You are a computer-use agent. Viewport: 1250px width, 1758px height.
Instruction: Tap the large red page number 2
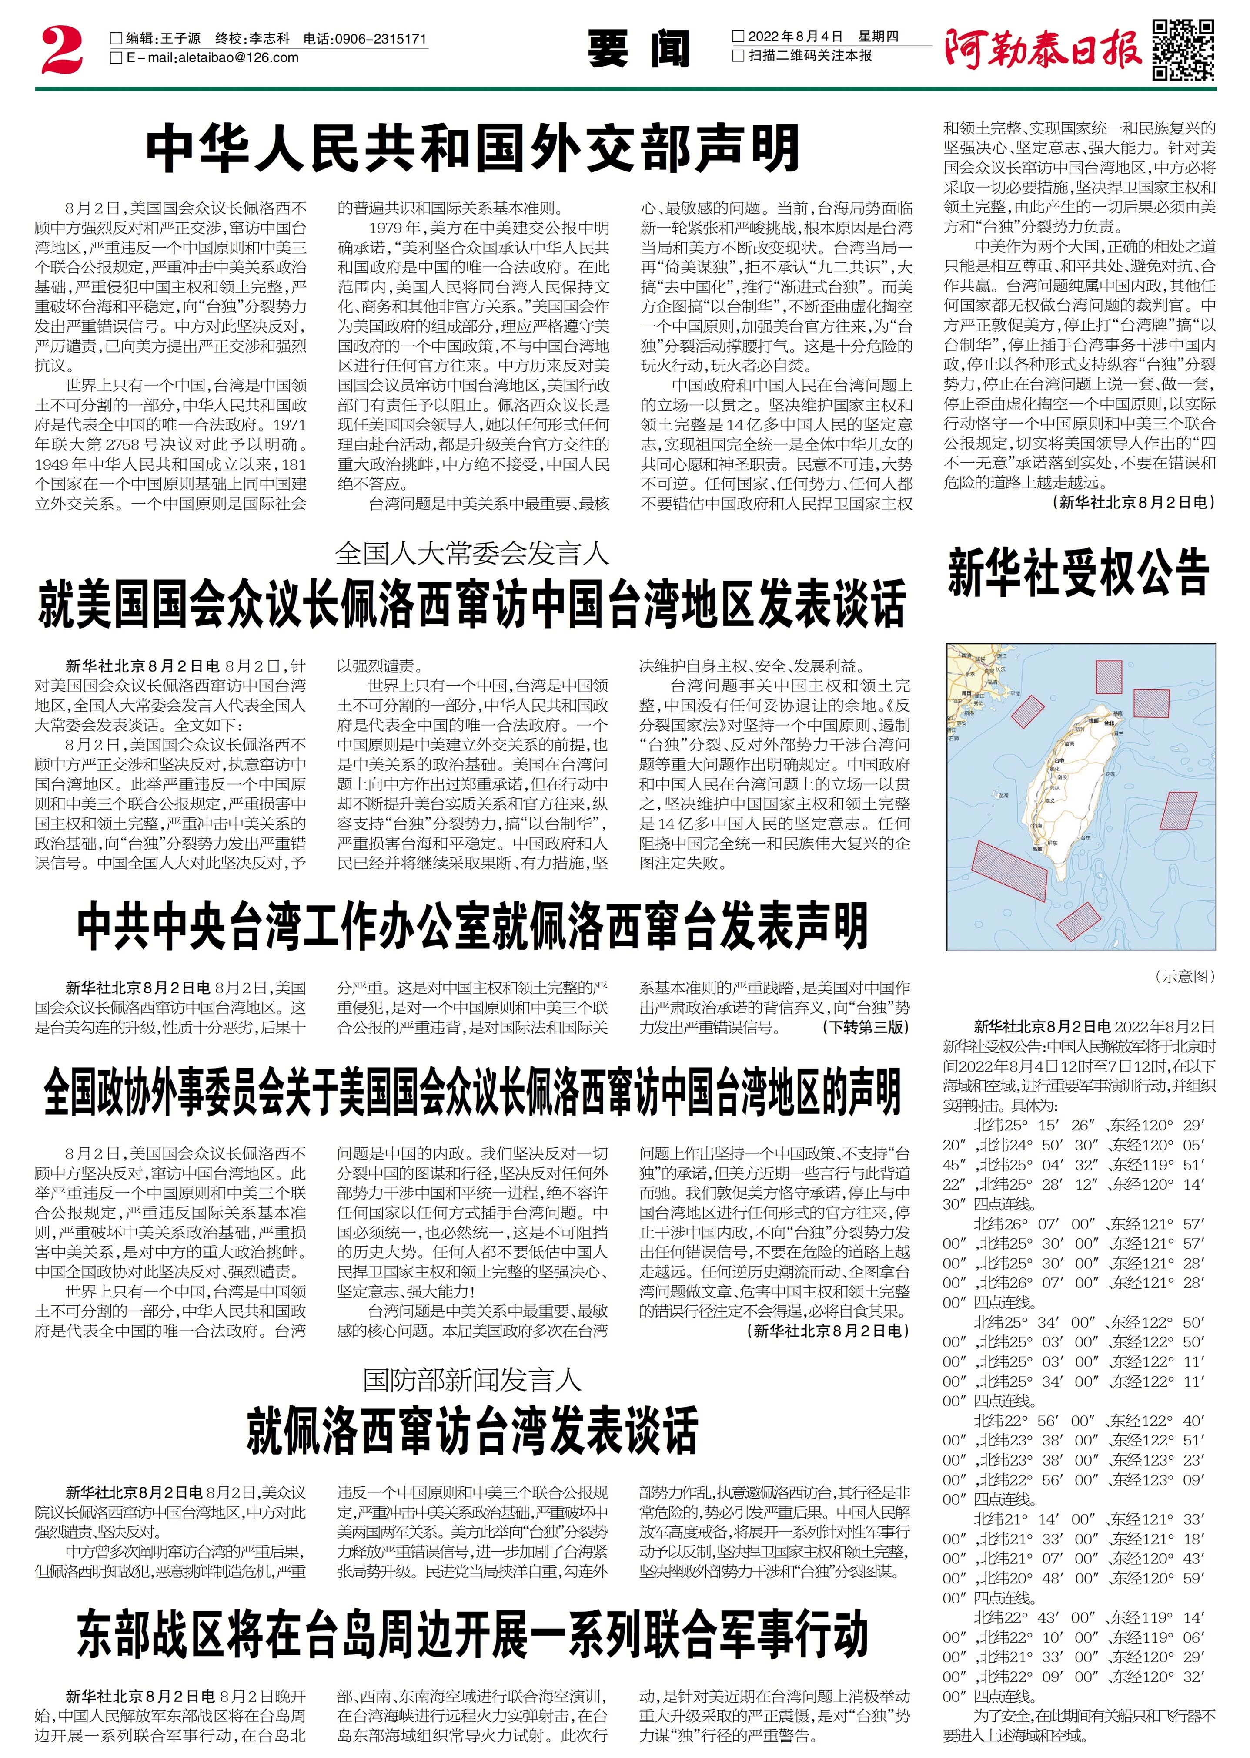62,50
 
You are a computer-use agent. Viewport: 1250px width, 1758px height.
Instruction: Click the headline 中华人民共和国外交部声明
473,148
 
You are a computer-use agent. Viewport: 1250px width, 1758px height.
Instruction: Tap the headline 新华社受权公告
1078,572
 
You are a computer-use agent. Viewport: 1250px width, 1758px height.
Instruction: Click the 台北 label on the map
1109,723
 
